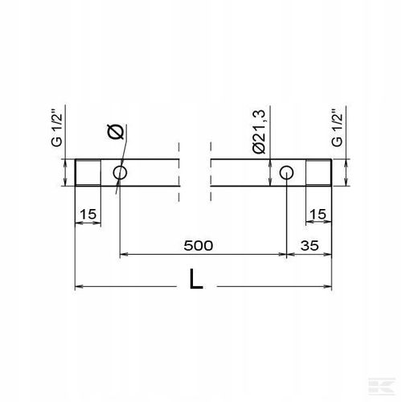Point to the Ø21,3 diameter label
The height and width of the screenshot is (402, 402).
pyautogui.click(x=259, y=133)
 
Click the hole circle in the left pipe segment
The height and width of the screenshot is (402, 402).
pyautogui.click(x=121, y=173)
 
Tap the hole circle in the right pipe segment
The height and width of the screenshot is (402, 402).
pyautogui.click(x=286, y=173)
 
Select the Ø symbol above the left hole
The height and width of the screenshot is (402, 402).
pyautogui.click(x=113, y=130)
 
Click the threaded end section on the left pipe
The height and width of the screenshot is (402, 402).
pyautogui.click(x=87, y=173)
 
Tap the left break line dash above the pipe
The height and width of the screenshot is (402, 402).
pyautogui.click(x=180, y=149)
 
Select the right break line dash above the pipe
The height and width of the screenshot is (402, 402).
pyautogui.click(x=209, y=149)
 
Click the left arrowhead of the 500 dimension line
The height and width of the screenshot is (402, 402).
pyautogui.click(x=123, y=256)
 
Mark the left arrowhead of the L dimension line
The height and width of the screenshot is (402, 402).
pyautogui.click(x=78, y=285)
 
